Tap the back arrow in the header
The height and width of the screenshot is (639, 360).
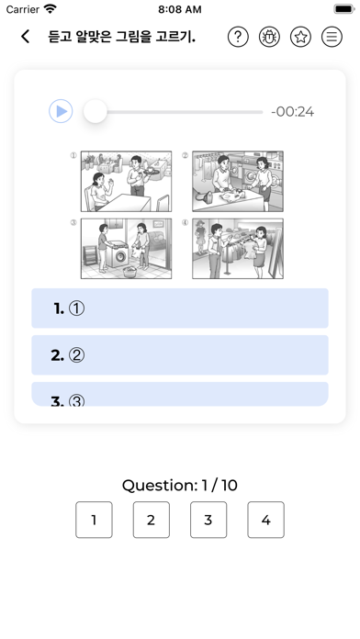point(26,37)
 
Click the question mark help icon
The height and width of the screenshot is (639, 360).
point(238,37)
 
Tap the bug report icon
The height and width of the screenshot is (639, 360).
point(269,37)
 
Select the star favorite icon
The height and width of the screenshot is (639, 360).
point(300,37)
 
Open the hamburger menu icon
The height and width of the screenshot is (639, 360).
point(332,37)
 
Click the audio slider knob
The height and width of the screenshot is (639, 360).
point(96,111)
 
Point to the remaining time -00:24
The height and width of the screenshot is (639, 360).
point(293,112)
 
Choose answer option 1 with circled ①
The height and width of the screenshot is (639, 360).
point(180,308)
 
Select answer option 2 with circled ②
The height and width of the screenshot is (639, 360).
point(180,355)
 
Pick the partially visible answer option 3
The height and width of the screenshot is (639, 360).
point(180,394)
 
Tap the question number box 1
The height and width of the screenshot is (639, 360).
point(94,520)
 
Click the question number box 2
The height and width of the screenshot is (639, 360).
point(152,520)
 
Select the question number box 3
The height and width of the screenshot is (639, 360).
point(208,520)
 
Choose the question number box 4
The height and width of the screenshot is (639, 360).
point(265,520)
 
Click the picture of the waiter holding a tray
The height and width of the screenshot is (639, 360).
point(126,182)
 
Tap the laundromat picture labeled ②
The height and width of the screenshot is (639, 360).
point(238,182)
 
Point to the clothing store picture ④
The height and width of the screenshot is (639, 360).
point(238,249)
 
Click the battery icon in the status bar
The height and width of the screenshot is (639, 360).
point(344,9)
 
